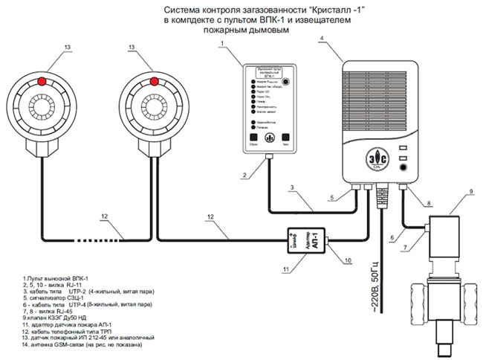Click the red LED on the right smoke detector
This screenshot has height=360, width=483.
tap(152, 78)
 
